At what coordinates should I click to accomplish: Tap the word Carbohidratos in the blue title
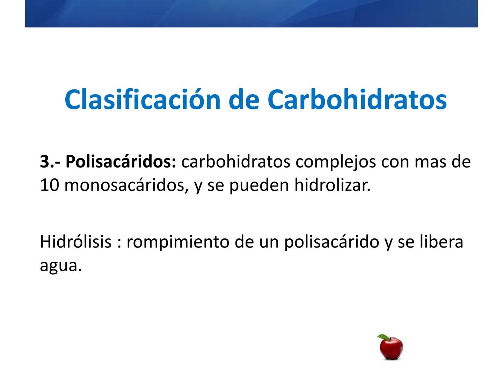pyautogui.click(x=357, y=100)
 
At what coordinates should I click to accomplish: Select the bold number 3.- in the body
pyautogui.click(x=50, y=162)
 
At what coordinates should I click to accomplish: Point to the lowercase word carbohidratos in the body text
pyautogui.click(x=236, y=162)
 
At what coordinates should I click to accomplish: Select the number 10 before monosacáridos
pyautogui.click(x=49, y=185)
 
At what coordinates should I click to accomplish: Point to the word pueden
pyautogui.click(x=259, y=185)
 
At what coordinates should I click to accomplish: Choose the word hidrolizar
pyautogui.click(x=332, y=185)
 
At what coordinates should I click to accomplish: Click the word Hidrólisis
pyautogui.click(x=75, y=242)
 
